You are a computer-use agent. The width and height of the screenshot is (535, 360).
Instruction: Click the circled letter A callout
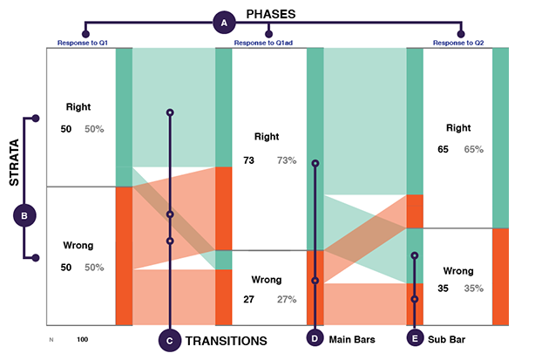point(224,23)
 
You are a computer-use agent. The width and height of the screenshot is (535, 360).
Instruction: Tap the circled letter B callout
point(24,215)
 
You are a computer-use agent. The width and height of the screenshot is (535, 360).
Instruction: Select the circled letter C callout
point(170,341)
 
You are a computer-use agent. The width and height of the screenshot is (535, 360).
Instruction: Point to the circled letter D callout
point(315,338)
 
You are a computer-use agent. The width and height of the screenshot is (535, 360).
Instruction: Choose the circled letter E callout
point(415,338)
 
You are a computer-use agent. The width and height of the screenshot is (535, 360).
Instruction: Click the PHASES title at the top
point(271,14)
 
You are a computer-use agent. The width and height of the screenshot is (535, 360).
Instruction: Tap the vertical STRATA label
point(14,162)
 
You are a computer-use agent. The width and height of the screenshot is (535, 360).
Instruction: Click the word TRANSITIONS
point(227,341)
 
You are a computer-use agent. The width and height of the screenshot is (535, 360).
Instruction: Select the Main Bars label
point(352,340)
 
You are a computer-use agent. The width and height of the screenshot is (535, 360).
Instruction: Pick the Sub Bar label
point(446,340)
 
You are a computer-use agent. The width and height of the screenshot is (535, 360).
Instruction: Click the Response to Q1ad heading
point(263,43)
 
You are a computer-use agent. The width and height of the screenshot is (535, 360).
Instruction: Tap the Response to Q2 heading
point(458,43)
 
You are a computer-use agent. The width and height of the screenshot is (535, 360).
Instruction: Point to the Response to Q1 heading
point(82,43)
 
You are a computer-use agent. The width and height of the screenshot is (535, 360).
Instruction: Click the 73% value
point(287,160)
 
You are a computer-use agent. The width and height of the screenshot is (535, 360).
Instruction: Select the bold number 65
point(443,149)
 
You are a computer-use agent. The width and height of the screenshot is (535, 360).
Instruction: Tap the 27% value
point(287,299)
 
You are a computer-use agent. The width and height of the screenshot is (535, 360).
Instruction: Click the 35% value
point(474,289)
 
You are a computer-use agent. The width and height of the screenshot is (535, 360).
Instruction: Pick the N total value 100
point(82,340)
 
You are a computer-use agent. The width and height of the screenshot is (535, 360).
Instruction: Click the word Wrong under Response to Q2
point(458,271)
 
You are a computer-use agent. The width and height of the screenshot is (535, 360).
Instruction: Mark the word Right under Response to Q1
point(78,107)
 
